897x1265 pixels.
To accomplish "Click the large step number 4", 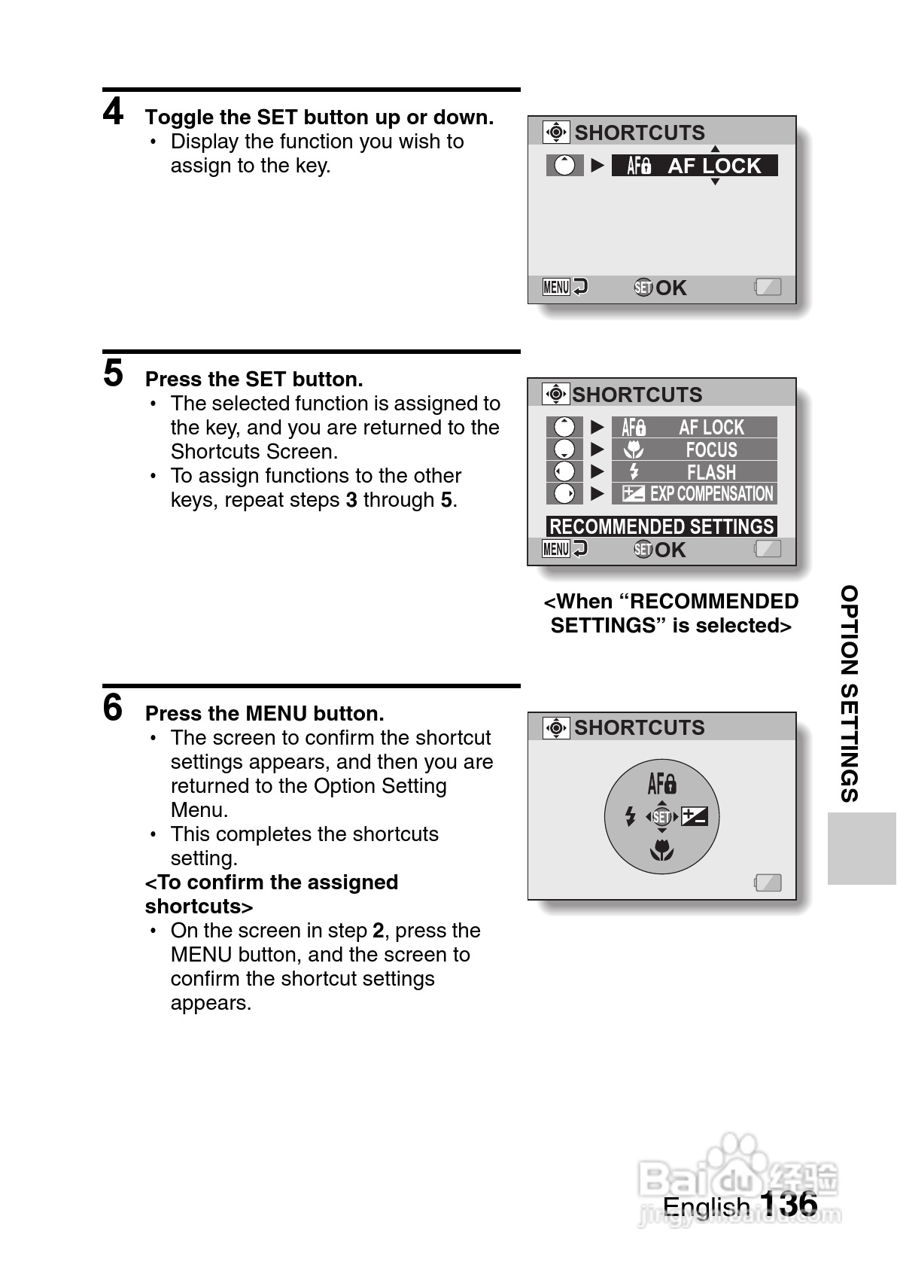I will [x=113, y=112].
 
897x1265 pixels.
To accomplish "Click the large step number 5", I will [x=113, y=373].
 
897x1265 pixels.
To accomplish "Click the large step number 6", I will [x=113, y=708].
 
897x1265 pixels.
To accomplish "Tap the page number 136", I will [x=788, y=1203].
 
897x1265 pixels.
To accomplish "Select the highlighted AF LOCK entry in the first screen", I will [x=694, y=166].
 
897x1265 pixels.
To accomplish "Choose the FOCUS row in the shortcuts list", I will [x=694, y=450].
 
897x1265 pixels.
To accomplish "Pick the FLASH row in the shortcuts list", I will [x=694, y=472].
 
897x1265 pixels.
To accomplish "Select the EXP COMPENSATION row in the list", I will [x=694, y=494].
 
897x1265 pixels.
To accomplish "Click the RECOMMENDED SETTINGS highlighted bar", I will [x=661, y=526].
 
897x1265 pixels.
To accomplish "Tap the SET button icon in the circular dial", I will [x=662, y=817].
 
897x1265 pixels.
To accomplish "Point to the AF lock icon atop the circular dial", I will [x=662, y=785].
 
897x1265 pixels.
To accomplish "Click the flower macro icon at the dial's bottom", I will [x=662, y=851].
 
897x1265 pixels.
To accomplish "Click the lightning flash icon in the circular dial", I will [x=631, y=816].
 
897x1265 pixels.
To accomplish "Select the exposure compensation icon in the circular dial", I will [x=694, y=816].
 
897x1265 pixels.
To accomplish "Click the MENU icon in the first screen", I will [x=556, y=287].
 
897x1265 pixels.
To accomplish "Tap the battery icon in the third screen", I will [x=768, y=882].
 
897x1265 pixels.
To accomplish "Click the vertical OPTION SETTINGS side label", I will [x=850, y=693].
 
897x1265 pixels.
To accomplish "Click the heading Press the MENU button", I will [x=264, y=713].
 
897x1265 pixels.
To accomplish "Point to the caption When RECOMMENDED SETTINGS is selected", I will [x=670, y=613].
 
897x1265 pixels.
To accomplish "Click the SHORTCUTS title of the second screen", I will [x=637, y=395].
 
